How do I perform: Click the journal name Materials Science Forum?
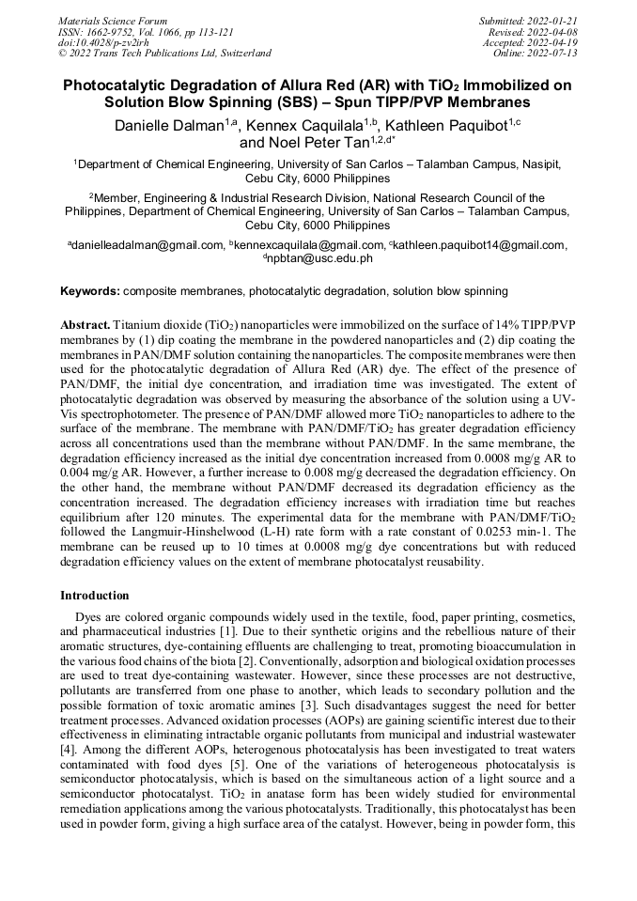[113, 21]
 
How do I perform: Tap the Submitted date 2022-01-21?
[552, 21]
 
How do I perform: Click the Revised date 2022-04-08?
[553, 31]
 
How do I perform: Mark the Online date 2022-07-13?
[553, 53]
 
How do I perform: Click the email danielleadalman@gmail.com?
[145, 245]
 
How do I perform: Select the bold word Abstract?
[85, 324]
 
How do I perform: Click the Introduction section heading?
[95, 596]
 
